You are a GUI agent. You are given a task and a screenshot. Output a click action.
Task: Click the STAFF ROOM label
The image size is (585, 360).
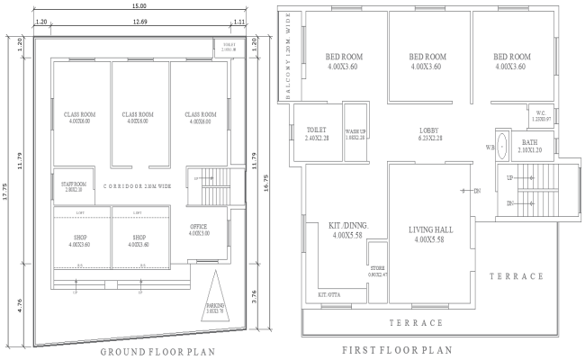(x=73, y=186)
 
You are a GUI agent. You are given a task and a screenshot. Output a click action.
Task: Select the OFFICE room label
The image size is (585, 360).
(x=199, y=229)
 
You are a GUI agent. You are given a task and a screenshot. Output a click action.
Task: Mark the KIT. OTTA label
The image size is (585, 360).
(x=329, y=294)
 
